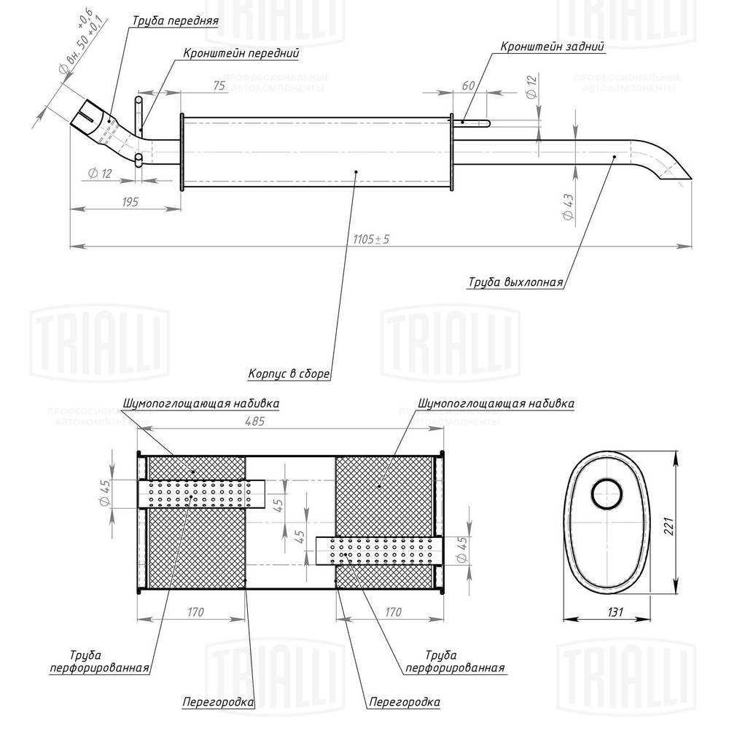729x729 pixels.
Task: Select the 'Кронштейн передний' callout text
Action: (x=241, y=53)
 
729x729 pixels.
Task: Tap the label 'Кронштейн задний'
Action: (x=553, y=47)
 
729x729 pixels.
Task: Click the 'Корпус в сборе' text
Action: (x=289, y=374)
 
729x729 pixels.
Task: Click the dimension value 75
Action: (x=218, y=85)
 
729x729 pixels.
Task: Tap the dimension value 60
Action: (x=468, y=85)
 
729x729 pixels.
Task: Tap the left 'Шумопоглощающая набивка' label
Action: (x=201, y=402)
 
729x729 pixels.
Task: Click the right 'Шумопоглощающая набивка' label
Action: (x=496, y=402)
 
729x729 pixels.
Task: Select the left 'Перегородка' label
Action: (x=217, y=702)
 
